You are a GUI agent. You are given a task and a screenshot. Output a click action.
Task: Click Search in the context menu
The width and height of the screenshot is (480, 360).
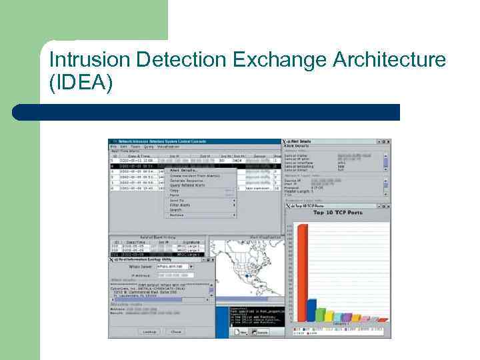[x=177, y=210]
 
